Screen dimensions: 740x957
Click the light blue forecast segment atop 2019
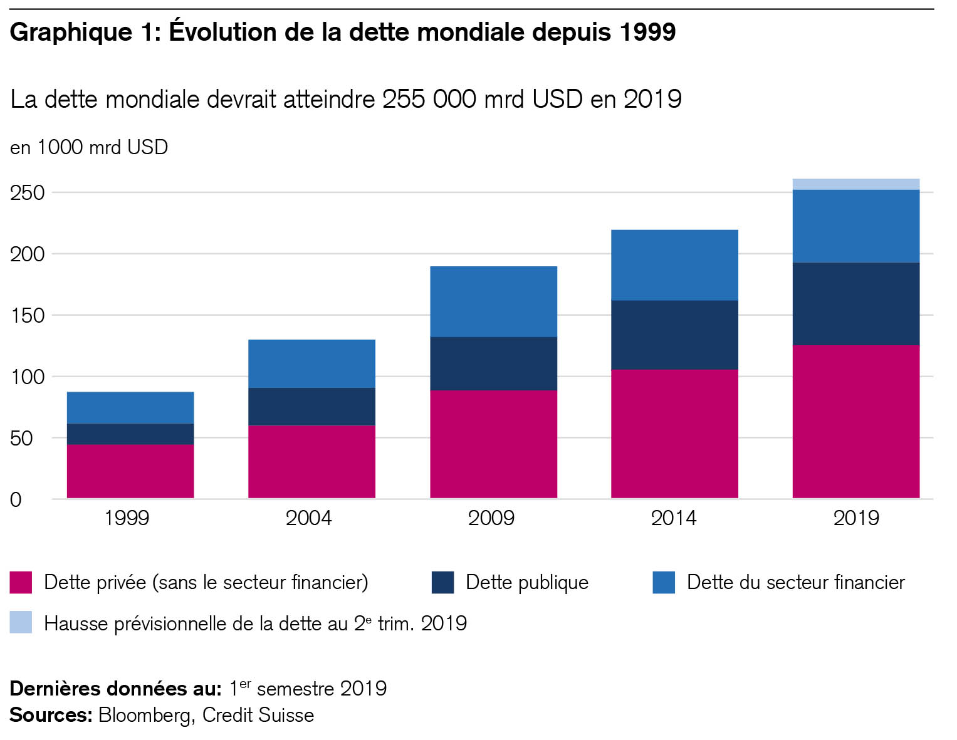pyautogui.click(x=855, y=184)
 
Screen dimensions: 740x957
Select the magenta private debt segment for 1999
pyautogui.click(x=130, y=471)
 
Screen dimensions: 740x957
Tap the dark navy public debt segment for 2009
pyautogui.click(x=493, y=364)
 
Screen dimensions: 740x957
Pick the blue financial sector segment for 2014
pyautogui.click(x=674, y=265)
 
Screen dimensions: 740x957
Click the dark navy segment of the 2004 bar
pyautogui.click(x=311, y=407)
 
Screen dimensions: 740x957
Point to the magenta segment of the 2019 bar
pyautogui.click(x=855, y=422)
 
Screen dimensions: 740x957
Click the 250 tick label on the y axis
pyautogui.click(x=28, y=193)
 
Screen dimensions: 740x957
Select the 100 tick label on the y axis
pyautogui.click(x=28, y=377)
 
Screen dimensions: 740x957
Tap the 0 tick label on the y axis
pyautogui.click(x=16, y=500)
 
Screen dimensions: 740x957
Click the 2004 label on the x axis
pyautogui.click(x=308, y=518)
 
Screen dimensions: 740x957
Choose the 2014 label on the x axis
pyautogui.click(x=674, y=518)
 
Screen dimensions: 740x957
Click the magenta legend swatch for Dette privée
pyautogui.click(x=21, y=582)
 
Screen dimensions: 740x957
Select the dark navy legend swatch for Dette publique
pyautogui.click(x=442, y=582)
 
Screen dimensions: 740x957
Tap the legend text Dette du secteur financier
pyautogui.click(x=795, y=582)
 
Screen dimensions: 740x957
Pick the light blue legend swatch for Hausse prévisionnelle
pyautogui.click(x=21, y=623)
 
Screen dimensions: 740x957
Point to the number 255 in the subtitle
pyautogui.click(x=404, y=99)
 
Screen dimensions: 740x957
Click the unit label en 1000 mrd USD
pyautogui.click(x=89, y=147)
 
